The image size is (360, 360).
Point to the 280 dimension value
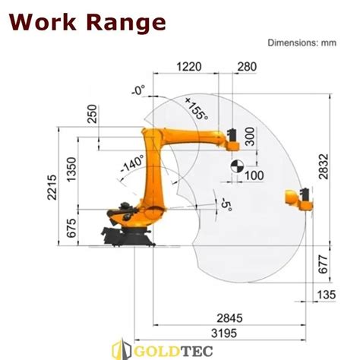247,67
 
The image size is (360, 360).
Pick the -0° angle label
137,91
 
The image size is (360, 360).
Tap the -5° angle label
223,205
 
